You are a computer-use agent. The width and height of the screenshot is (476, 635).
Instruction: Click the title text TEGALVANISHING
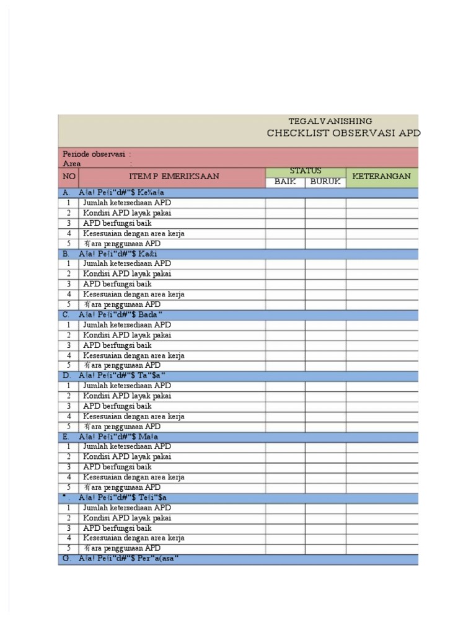point(330,122)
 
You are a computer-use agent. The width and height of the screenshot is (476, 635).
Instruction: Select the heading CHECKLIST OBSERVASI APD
point(343,133)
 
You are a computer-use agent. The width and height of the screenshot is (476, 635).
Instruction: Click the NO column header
point(68,177)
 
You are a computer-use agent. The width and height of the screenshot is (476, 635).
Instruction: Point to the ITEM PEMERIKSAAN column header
point(174,177)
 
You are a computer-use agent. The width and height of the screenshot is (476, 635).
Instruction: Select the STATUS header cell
point(306,171)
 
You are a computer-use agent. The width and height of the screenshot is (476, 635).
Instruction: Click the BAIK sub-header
point(285,182)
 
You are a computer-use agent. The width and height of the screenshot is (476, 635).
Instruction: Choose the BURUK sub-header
point(325,182)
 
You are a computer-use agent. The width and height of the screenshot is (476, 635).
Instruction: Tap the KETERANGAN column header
point(381,177)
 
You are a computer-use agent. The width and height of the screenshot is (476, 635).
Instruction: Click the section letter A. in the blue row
point(66,193)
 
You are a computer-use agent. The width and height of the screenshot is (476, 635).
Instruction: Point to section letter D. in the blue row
point(66,376)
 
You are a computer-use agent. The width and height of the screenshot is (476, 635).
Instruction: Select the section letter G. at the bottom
point(66,559)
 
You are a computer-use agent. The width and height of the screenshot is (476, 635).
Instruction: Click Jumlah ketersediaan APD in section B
point(127,264)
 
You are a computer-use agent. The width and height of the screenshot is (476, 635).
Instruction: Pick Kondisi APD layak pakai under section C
point(127,335)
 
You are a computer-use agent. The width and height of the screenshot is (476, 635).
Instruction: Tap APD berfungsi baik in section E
point(117,467)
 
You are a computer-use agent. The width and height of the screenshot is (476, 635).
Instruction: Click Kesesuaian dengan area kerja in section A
point(134,233)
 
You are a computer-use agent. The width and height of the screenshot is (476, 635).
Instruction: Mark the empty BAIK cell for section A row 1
point(285,203)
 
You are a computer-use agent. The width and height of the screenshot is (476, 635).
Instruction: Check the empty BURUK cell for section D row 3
point(325,406)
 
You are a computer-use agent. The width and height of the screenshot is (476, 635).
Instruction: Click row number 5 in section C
point(69,365)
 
